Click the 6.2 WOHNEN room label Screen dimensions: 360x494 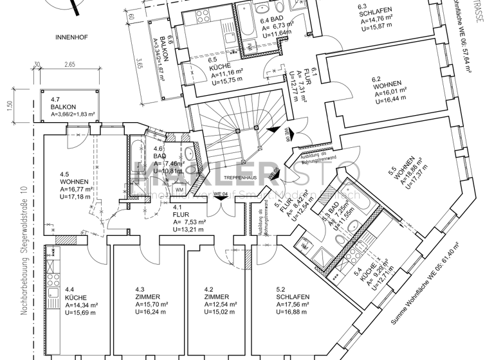point(386,84)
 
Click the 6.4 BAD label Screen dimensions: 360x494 point(273,21)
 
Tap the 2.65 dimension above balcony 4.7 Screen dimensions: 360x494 point(69,64)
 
